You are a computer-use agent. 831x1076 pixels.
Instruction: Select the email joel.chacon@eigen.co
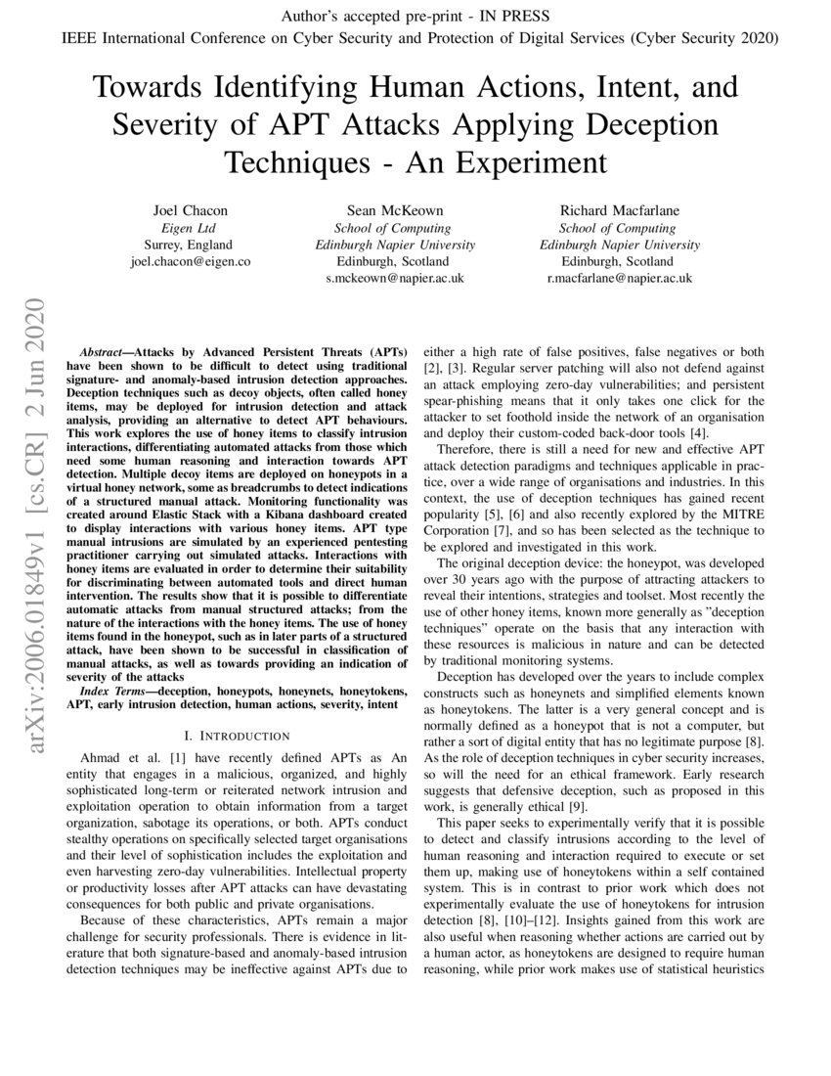190,262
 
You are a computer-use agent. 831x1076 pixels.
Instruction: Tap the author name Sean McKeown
395,210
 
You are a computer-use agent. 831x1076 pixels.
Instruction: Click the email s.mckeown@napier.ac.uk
395,279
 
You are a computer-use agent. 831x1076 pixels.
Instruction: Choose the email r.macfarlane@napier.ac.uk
618,279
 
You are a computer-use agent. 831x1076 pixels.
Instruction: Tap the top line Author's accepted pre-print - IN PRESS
415,16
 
